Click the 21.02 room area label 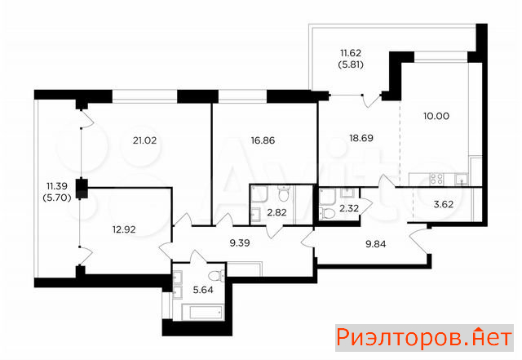click(x=144, y=140)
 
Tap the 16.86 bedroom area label click(x=263, y=140)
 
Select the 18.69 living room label click(x=361, y=138)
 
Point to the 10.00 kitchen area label click(x=436, y=117)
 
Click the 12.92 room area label click(x=124, y=229)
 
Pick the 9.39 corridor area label click(x=240, y=243)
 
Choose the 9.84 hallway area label click(x=376, y=244)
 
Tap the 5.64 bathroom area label click(x=203, y=290)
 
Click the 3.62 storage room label click(x=444, y=204)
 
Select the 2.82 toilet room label click(x=277, y=212)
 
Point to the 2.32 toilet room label click(x=349, y=209)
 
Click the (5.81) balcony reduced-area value click(x=351, y=64)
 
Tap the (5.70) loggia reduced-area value click(x=57, y=198)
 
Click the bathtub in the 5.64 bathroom click(x=203, y=313)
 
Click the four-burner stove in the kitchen click(x=436, y=179)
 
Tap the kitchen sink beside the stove click(x=462, y=180)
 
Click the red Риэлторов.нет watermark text click(x=424, y=338)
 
